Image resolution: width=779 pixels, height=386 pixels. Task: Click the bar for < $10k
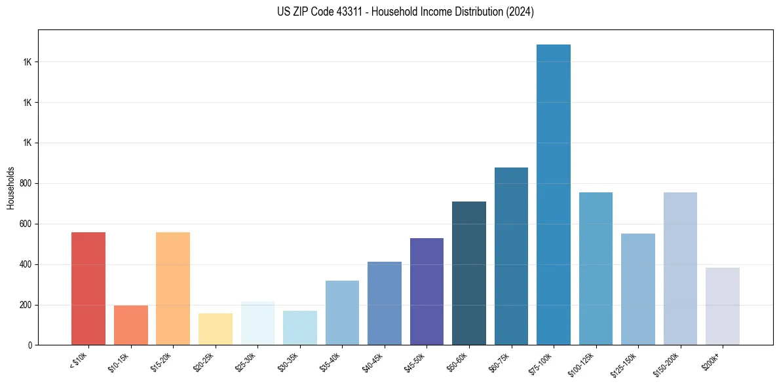tap(88, 289)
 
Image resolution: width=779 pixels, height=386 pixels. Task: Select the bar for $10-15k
tap(130, 325)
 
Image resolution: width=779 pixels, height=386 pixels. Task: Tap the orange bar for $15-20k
tap(173, 289)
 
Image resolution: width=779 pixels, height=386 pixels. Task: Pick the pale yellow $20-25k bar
tap(215, 329)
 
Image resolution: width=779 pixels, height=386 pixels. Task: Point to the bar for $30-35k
tap(299, 328)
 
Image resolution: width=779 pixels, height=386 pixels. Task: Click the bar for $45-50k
tap(427, 292)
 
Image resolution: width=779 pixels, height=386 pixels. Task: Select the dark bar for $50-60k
tap(469, 273)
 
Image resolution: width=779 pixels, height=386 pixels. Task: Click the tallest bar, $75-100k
tap(554, 195)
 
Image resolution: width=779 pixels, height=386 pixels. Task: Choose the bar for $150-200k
tap(680, 269)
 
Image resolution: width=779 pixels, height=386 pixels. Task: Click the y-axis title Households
tap(10, 187)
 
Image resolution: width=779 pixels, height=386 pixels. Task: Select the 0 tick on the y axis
tap(30, 345)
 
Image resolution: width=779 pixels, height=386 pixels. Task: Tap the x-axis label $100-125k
tap(582, 364)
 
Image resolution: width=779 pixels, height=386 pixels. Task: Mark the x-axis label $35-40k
tap(331, 362)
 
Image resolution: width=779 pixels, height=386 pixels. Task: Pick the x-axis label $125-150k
tap(624, 364)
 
